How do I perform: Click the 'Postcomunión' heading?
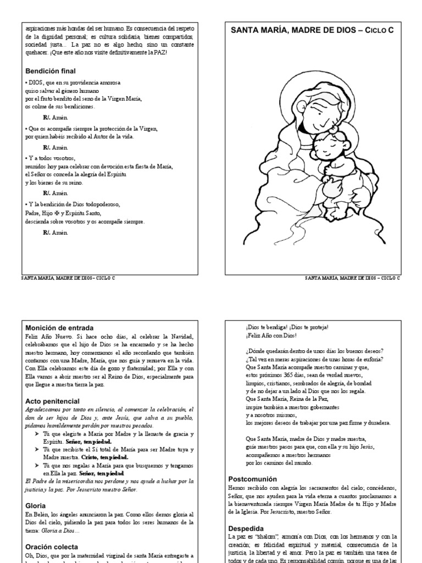(x=251, y=478)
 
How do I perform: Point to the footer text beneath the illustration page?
(x=352, y=278)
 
